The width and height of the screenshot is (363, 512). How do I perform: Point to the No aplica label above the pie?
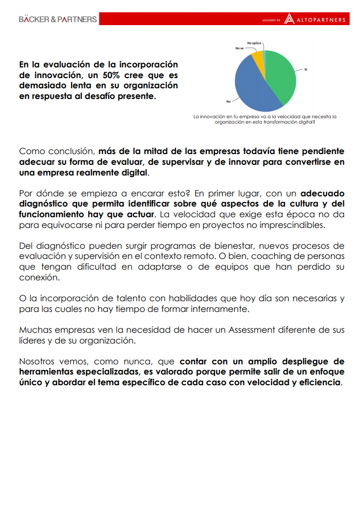254,42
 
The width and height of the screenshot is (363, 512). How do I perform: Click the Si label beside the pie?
306,70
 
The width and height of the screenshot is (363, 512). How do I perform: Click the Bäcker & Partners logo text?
58,19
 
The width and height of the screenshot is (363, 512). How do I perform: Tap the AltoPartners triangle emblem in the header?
289,19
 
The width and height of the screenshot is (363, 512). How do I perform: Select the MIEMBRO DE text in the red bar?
271,20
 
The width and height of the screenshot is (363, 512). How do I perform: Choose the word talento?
113,298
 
